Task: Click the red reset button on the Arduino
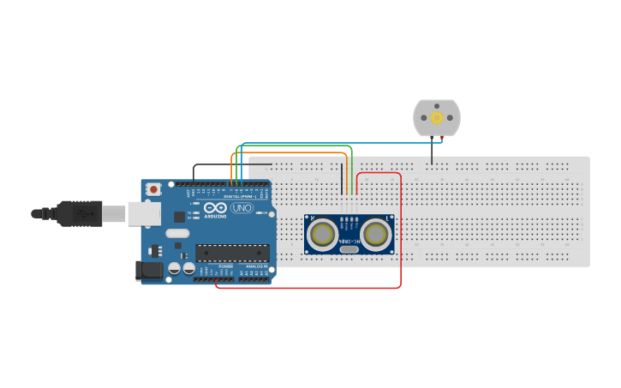(153, 188)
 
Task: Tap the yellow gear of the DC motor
(437, 117)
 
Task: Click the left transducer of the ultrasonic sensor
(323, 234)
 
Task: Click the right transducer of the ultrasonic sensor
(375, 234)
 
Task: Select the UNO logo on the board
(242, 207)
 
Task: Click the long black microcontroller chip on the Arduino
(232, 253)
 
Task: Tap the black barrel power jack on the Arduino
(150, 271)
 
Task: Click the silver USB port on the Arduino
(144, 213)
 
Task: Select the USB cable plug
(81, 213)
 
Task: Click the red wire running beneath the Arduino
(308, 288)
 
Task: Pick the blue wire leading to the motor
(343, 143)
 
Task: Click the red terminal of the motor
(442, 137)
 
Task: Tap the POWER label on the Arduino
(225, 266)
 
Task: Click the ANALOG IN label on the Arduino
(256, 266)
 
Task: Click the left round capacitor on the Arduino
(175, 268)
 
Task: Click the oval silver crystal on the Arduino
(177, 233)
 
